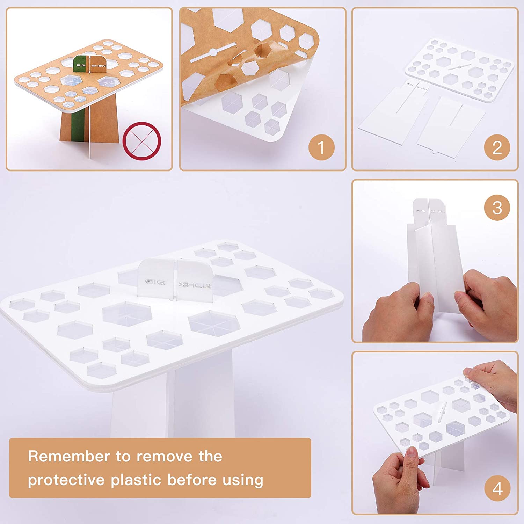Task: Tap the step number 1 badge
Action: coord(321,147)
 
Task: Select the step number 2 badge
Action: coord(497,147)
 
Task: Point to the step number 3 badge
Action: coord(497,208)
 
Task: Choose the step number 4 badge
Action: coord(497,488)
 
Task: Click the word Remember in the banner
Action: coord(69,456)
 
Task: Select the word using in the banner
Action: coord(243,481)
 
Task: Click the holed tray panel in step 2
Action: coord(459,70)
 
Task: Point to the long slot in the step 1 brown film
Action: coord(213,52)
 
